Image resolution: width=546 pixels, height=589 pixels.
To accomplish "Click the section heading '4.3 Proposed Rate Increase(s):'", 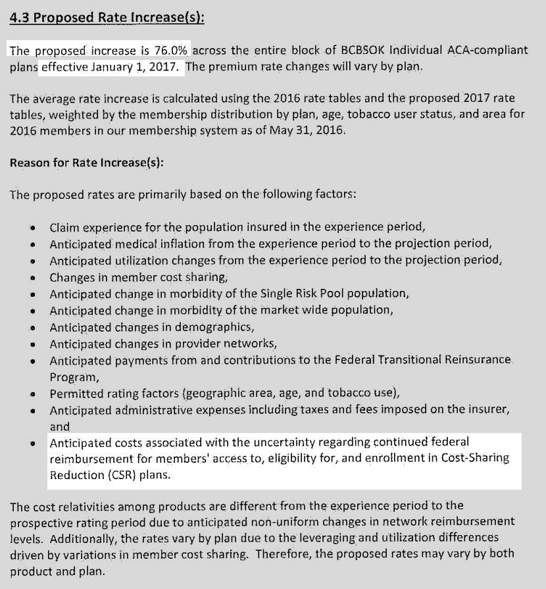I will click(107, 17).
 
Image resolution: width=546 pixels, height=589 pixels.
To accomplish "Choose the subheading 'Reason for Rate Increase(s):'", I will click(87, 162).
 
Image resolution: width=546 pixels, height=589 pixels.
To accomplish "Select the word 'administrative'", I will click(175, 410).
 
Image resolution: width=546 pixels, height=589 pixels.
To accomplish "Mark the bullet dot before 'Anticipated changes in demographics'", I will click(32, 328).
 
